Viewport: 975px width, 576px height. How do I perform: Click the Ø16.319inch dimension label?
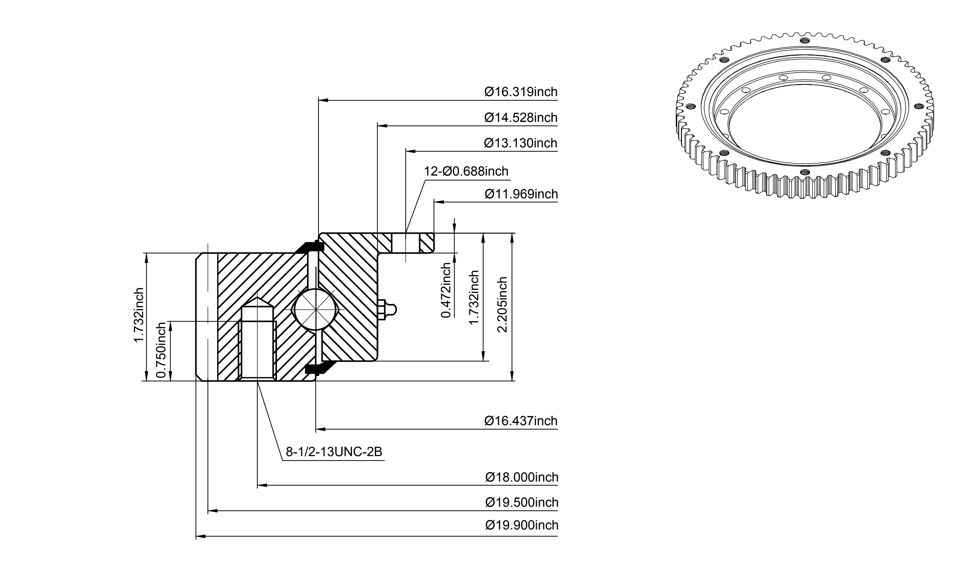coord(521,92)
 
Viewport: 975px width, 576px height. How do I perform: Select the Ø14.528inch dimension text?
coord(521,118)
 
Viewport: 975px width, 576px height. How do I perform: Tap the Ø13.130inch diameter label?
coord(521,143)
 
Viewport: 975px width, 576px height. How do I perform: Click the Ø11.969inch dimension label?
coord(521,194)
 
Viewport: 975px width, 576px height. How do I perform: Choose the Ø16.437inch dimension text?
coord(521,421)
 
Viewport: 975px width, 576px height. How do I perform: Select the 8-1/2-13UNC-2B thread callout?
coord(334,452)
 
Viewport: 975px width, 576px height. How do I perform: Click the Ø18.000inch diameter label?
coord(522,477)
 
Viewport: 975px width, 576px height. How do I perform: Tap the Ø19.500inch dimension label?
coord(522,503)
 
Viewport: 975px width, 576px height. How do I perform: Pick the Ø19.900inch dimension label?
coord(522,525)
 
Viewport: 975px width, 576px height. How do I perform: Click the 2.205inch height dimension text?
coord(502,305)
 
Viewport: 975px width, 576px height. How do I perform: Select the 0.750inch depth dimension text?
coord(160,350)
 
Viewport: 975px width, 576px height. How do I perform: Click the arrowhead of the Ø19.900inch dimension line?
coord(201,536)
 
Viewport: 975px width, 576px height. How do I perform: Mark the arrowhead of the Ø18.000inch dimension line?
coord(262,485)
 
